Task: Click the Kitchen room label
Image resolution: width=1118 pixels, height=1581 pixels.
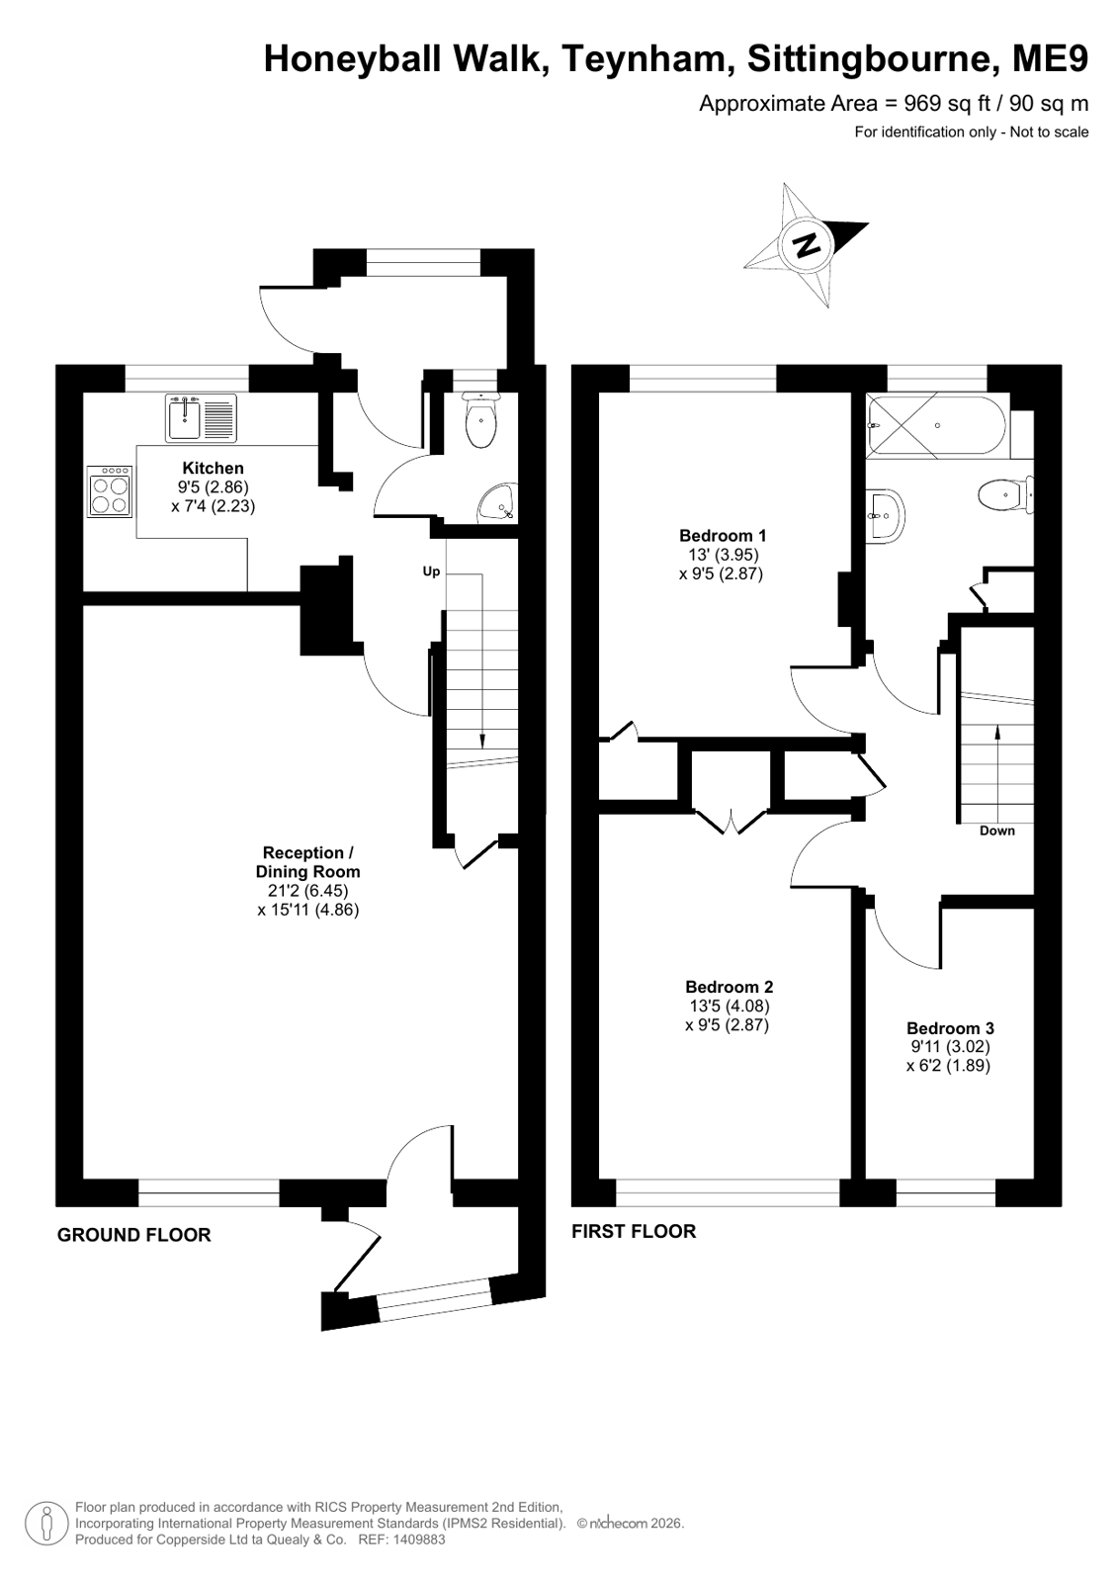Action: [x=214, y=468]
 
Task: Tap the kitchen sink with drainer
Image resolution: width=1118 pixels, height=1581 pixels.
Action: [x=201, y=418]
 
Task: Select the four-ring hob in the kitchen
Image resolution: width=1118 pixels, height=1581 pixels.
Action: [x=110, y=491]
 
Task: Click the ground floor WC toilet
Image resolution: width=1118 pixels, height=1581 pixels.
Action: [x=481, y=420]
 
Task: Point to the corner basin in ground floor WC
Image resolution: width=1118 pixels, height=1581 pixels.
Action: [x=499, y=504]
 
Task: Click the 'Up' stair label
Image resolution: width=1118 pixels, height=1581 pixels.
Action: [x=431, y=571]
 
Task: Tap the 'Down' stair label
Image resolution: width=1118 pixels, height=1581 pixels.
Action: [x=996, y=831]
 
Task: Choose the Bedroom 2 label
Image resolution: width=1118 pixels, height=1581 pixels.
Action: [x=730, y=986]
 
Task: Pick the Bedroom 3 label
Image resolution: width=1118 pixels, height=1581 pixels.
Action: [x=950, y=1027]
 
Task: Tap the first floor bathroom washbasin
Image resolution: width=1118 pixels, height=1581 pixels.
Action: [x=885, y=516]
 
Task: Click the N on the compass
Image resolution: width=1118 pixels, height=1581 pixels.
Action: [x=806, y=245]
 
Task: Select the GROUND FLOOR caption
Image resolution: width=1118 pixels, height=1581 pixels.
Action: [x=134, y=1235]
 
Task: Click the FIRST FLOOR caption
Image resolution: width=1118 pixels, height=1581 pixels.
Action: [x=634, y=1231]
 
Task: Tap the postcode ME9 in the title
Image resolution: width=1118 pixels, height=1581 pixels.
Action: [x=1050, y=59]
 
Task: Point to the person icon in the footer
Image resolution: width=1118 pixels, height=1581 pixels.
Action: [x=46, y=1524]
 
